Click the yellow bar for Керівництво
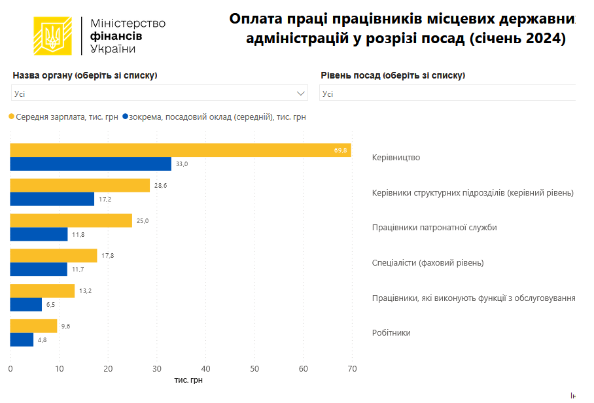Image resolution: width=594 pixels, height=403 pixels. click(181, 150)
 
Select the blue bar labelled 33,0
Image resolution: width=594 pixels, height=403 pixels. click(91, 164)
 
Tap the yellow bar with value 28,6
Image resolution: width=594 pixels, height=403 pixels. click(80, 185)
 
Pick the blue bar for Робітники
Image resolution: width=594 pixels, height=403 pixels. click(22, 340)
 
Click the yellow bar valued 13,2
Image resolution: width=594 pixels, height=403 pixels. click(43, 291)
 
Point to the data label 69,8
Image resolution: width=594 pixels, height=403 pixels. click(340, 150)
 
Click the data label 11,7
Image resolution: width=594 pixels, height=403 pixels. click(77, 270)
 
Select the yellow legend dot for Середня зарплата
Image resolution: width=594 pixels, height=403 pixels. click(12, 117)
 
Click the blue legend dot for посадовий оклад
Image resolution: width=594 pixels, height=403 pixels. click(125, 117)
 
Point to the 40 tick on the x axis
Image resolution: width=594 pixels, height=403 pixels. click(205, 369)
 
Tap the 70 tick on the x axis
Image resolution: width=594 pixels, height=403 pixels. click(352, 369)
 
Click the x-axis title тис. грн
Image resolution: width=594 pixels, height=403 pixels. click(193, 380)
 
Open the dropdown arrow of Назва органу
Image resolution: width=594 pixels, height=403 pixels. click(301, 94)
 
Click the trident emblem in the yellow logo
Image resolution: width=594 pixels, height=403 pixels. click(52, 36)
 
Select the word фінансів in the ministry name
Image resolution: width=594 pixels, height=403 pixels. click(116, 36)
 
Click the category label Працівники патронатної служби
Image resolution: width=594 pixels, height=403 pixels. click(434, 228)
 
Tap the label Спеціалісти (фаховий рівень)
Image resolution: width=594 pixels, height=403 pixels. click(428, 263)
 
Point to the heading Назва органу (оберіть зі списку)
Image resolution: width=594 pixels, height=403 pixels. click(85, 75)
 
